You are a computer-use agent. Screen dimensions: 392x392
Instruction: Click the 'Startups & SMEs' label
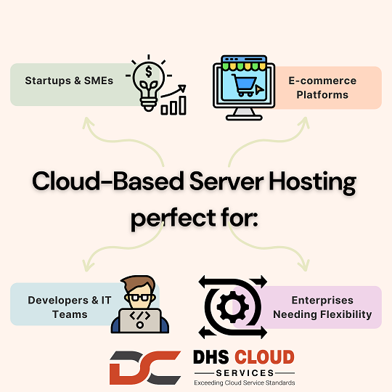(x=69, y=81)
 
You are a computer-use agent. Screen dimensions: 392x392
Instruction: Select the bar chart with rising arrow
(x=173, y=100)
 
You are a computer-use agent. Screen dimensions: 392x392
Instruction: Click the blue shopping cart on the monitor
(x=244, y=85)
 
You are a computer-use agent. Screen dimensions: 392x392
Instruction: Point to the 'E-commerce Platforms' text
(x=322, y=88)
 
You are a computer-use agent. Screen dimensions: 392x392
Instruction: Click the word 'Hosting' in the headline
(x=312, y=182)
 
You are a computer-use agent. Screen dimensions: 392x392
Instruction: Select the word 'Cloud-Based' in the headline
(x=107, y=181)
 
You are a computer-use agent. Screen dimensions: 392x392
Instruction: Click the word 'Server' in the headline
(x=226, y=181)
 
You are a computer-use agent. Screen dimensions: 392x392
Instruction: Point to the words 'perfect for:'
(x=195, y=219)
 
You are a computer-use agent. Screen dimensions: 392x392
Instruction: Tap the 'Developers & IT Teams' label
(x=70, y=307)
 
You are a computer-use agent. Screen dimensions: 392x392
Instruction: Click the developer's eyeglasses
(x=139, y=298)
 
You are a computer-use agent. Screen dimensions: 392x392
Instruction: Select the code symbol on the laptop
(x=140, y=316)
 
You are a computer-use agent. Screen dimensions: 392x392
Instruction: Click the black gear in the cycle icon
(x=232, y=307)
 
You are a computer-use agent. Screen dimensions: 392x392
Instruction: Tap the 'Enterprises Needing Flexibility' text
(x=322, y=307)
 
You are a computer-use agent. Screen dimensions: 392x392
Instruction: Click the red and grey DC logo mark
(x=145, y=367)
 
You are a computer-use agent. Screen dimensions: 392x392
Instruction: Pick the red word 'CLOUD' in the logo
(x=264, y=356)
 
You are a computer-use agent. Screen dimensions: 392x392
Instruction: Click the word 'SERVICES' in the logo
(x=245, y=373)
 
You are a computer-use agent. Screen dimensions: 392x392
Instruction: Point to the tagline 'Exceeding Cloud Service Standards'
(x=245, y=383)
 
